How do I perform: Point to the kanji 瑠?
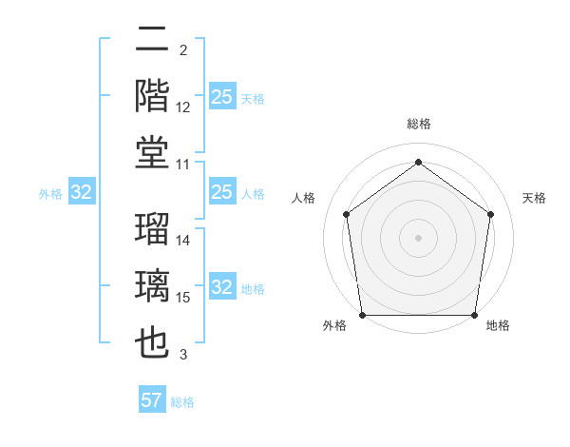click(x=153, y=228)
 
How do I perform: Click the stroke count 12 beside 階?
click(x=183, y=107)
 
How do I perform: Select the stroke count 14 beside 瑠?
click(x=183, y=241)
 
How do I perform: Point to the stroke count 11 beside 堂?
click(x=183, y=165)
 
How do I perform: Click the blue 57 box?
click(x=152, y=400)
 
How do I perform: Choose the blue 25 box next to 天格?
click(x=221, y=97)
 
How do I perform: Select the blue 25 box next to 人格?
click(x=221, y=193)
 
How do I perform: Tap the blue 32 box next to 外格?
click(x=82, y=193)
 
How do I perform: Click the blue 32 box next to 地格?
click(x=221, y=288)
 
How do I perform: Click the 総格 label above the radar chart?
click(x=419, y=124)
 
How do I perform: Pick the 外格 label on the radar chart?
click(x=334, y=326)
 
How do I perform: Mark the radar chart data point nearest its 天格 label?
click(x=490, y=213)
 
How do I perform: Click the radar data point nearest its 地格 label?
click(x=474, y=315)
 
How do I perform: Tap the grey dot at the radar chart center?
click(x=419, y=237)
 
